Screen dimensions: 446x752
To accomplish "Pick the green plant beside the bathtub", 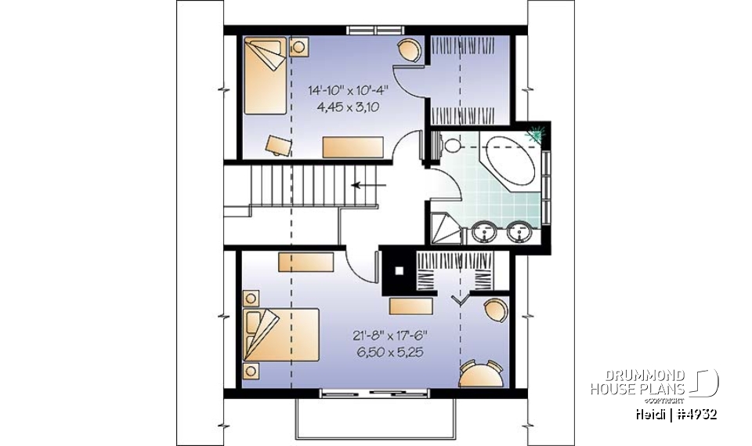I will [538, 135].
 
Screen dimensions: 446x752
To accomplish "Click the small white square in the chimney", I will [399, 271].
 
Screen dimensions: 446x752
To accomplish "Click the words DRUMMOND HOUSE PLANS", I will [638, 382].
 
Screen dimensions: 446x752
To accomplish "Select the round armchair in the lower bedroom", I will [495, 311].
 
